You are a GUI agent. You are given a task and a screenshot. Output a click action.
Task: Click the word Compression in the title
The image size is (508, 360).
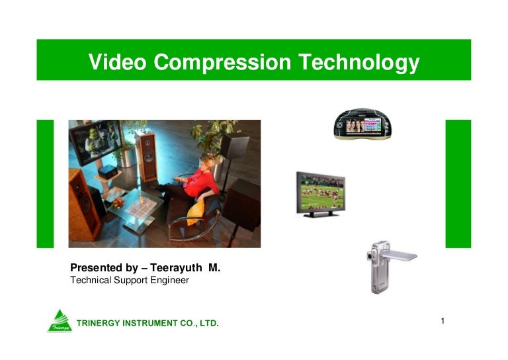(223, 62)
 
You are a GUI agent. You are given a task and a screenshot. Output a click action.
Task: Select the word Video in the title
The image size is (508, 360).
(118, 62)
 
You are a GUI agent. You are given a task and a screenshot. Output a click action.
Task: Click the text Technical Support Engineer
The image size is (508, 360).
(130, 280)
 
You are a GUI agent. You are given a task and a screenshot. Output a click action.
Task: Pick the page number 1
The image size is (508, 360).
(443, 321)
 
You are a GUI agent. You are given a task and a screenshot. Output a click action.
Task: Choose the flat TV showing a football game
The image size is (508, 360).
(320, 193)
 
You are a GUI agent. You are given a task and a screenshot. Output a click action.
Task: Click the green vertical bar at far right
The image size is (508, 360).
(458, 183)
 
